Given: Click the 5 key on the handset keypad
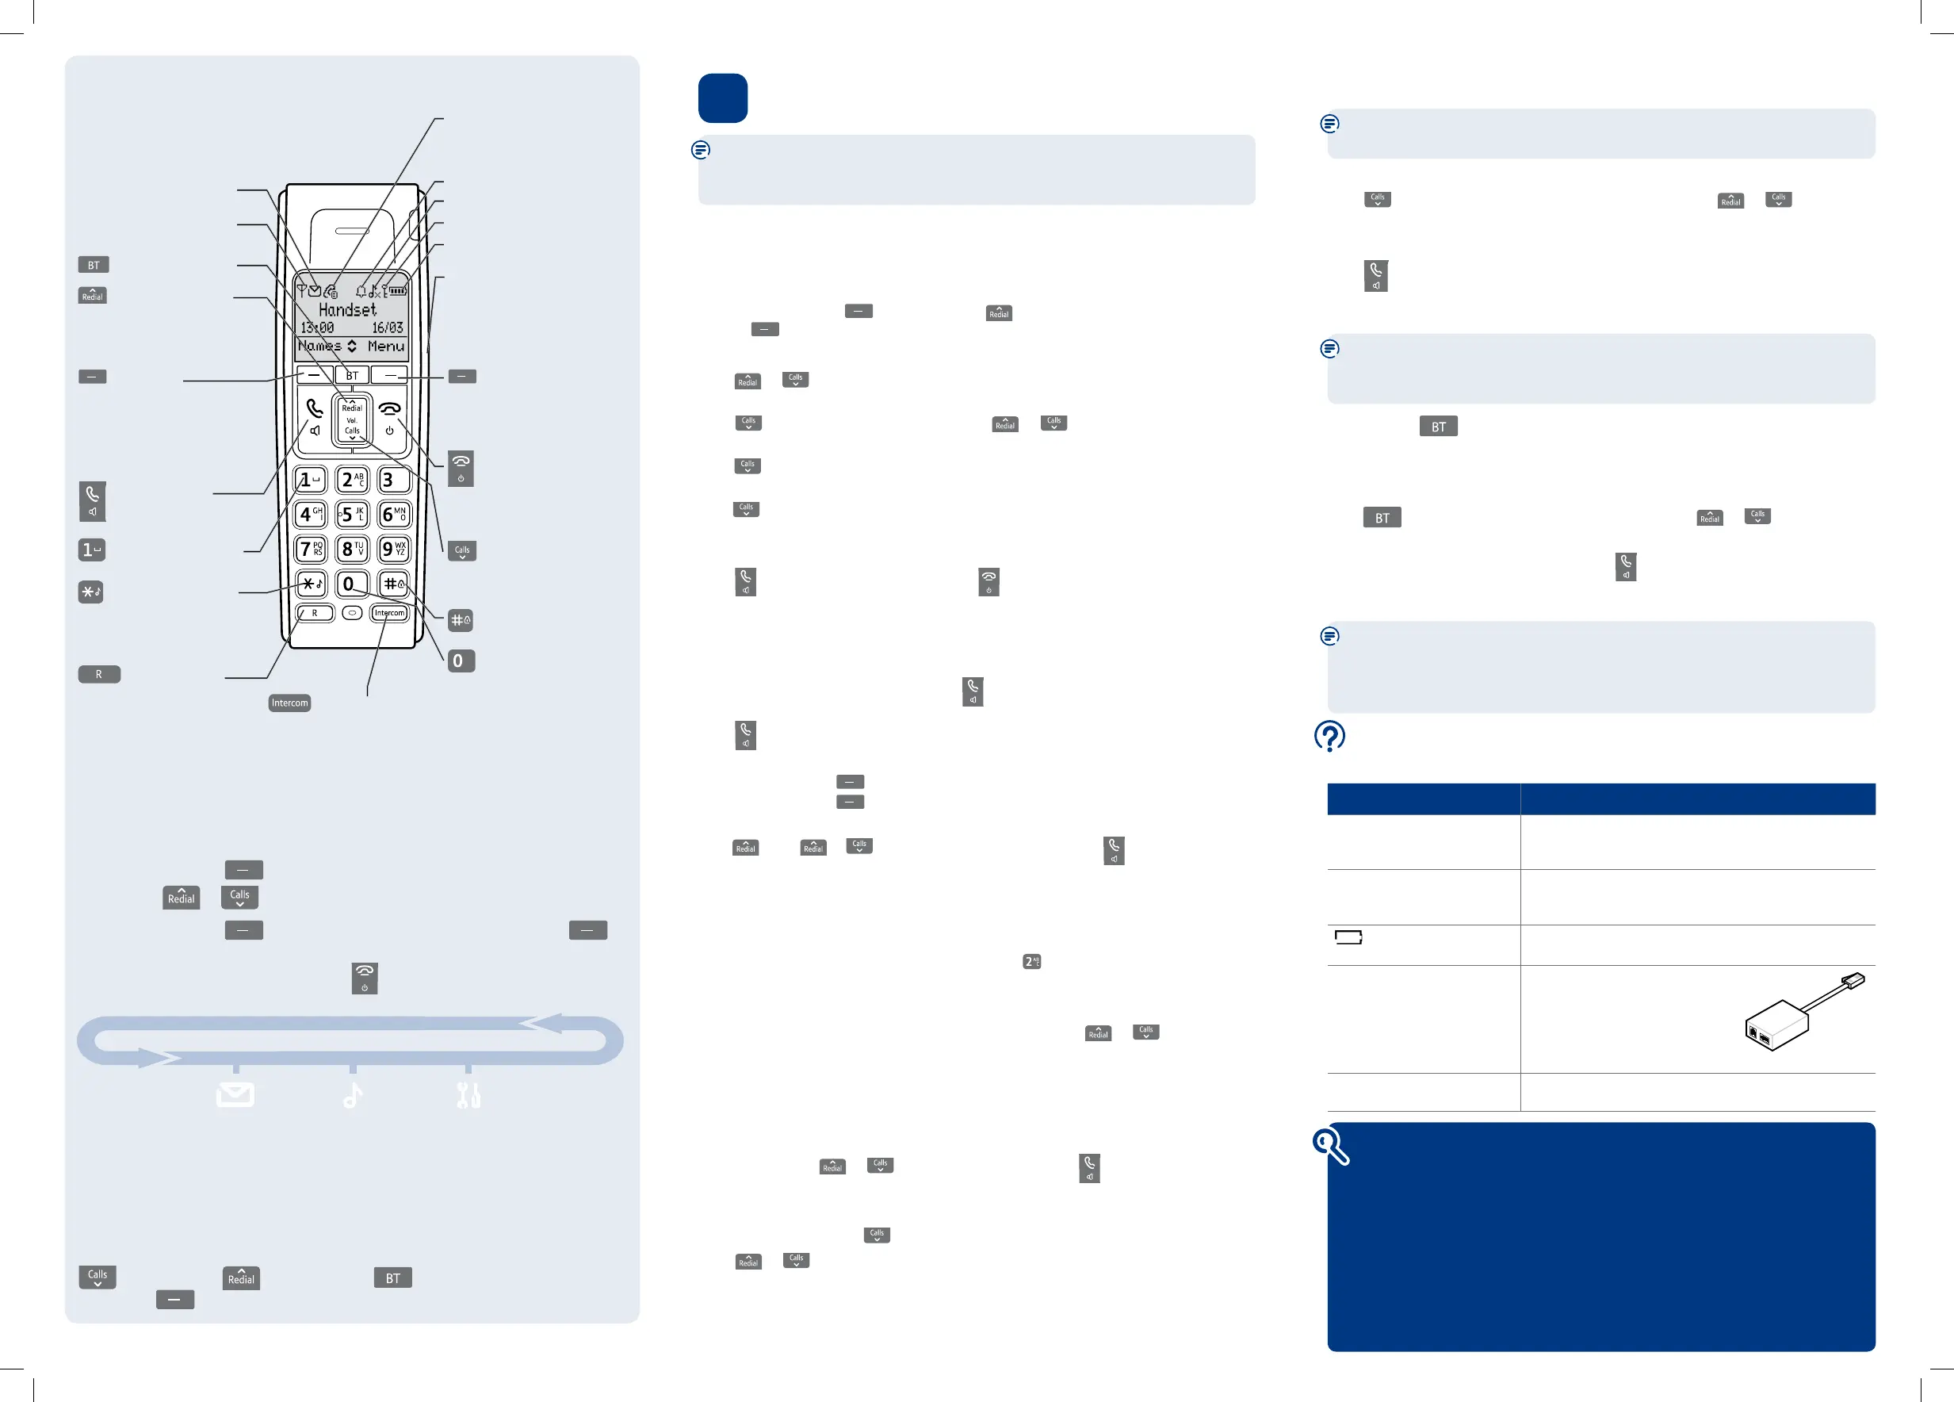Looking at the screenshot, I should (351, 515).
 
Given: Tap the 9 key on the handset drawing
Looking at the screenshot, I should (394, 549).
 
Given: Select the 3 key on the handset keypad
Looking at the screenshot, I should (394, 480).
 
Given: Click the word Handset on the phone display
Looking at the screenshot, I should (347, 309).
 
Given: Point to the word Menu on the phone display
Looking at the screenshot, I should (385, 347).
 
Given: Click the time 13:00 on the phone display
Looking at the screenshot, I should (316, 328).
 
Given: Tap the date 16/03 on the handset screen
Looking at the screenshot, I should (387, 328).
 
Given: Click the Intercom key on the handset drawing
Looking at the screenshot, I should (388, 614).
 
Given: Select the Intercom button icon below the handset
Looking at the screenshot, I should (289, 703).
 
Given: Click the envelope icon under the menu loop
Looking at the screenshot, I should (235, 1094).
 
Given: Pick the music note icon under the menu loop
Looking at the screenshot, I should (353, 1095).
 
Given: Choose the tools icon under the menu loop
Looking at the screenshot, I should (468, 1095).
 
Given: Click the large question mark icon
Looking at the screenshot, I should (1329, 736).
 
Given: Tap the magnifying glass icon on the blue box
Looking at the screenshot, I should (1330, 1146).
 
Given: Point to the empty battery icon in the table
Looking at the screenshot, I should (1348, 937).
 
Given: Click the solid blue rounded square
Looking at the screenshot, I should (722, 98).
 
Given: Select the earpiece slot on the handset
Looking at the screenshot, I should (353, 231).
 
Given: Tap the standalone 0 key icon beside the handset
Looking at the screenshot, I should (461, 661).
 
